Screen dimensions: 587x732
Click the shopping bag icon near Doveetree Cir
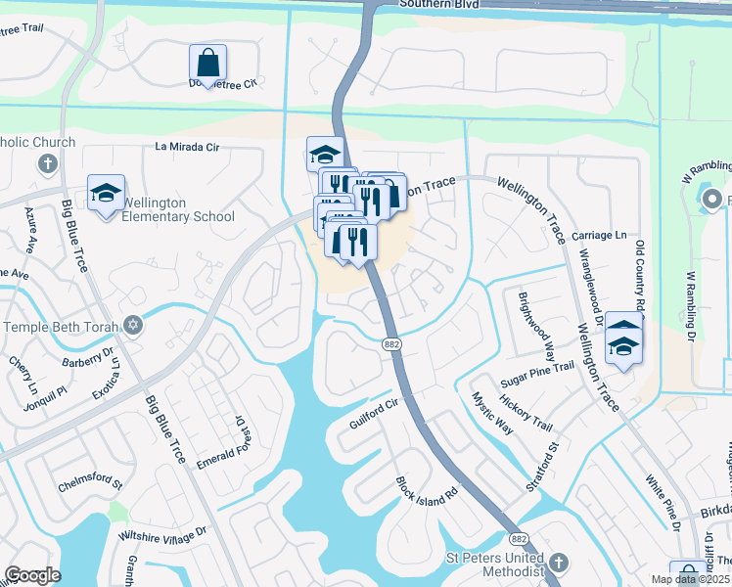click(x=208, y=63)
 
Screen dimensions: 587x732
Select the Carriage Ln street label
click(x=599, y=236)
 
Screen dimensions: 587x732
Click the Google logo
click(x=32, y=575)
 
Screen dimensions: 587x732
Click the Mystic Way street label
click(x=492, y=413)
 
